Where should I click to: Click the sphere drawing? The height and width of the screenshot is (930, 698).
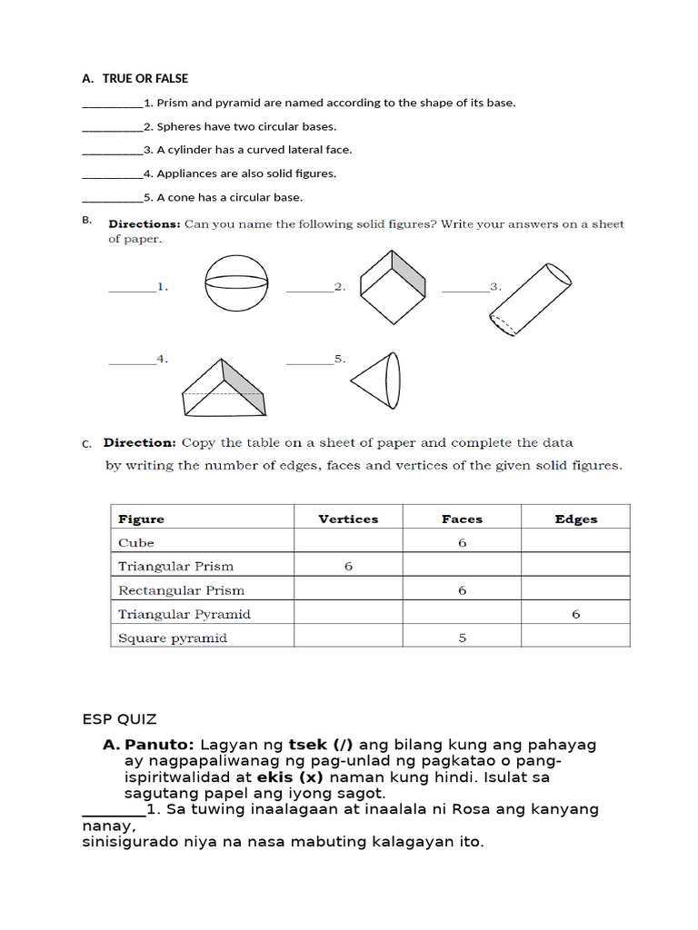tap(237, 282)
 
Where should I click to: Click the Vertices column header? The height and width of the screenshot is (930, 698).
tap(348, 519)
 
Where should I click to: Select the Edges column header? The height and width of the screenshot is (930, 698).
tap(575, 519)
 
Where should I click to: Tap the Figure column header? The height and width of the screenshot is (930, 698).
tap(142, 519)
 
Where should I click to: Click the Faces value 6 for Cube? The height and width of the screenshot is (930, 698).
tap(462, 543)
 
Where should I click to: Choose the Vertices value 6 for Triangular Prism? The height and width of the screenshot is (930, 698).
tap(348, 567)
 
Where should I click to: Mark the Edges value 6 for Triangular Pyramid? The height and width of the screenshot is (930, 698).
tap(575, 614)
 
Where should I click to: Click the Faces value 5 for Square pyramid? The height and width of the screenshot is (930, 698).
tap(462, 638)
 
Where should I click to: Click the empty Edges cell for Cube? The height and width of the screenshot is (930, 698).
tap(575, 543)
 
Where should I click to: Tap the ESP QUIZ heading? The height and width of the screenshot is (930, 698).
tap(119, 719)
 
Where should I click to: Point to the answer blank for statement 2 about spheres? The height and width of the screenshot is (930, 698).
tap(112, 128)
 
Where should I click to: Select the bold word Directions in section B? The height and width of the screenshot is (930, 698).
tap(145, 224)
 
